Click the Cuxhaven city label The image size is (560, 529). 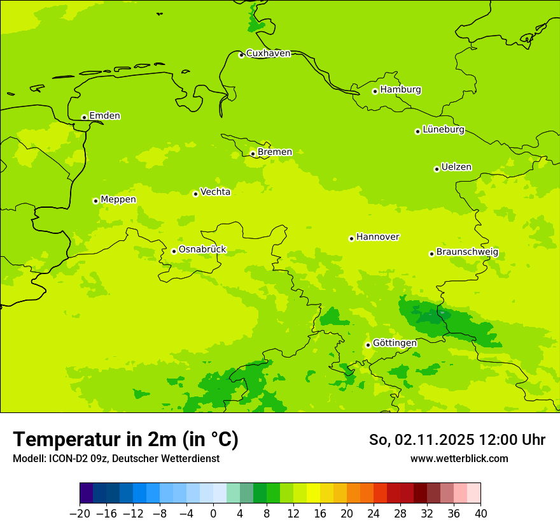click(268, 54)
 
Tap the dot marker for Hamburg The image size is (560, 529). click(375, 91)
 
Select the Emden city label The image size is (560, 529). click(104, 116)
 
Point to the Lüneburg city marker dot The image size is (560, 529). click(417, 131)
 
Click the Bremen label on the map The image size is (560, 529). click(274, 152)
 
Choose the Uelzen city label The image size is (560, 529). click(456, 168)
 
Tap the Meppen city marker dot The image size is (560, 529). click(95, 201)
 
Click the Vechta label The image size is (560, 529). click(215, 192)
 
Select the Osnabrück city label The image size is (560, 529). click(202, 250)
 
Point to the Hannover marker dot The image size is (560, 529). click(351, 238)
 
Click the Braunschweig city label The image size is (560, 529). click(467, 252)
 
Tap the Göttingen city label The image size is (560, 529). click(395, 343)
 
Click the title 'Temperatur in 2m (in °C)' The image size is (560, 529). click(125, 440)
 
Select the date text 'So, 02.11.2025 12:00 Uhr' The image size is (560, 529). click(457, 440)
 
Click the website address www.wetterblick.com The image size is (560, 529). click(459, 459)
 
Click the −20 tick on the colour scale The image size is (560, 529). click(80, 514)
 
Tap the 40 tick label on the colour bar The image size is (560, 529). click(480, 514)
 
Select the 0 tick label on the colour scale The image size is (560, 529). click(213, 514)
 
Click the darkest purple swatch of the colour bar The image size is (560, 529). click(87, 493)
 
